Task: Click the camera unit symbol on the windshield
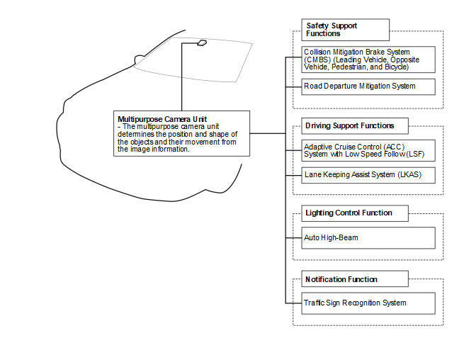202,43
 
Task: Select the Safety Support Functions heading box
345,30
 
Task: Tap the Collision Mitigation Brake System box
368,60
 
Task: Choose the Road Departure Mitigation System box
368,86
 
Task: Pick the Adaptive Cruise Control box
368,150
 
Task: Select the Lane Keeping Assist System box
368,175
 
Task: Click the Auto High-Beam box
368,238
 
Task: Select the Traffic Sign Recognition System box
368,303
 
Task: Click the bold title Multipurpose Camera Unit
162,119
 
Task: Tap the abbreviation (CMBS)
317,60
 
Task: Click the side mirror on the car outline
139,60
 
